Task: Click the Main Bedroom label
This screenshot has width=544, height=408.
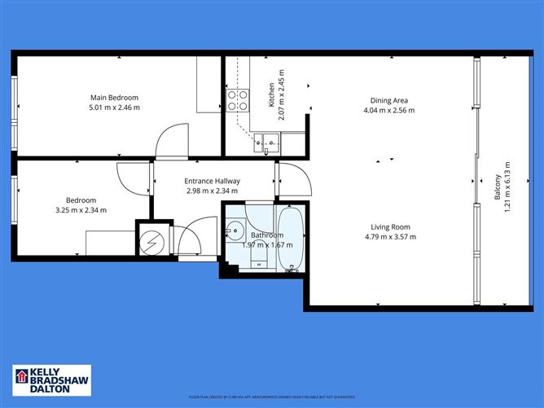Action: coord(114,98)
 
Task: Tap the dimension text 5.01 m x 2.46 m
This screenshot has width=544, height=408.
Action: coord(114,107)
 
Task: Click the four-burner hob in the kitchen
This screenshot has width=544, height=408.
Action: coord(236,100)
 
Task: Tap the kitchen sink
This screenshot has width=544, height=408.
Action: coord(267,143)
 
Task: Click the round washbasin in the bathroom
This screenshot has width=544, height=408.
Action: coord(235,229)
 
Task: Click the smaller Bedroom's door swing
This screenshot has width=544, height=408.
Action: coord(132,177)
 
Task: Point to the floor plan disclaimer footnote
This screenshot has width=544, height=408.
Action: coord(272,397)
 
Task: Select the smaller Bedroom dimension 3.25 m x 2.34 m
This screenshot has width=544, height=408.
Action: coord(81,210)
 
